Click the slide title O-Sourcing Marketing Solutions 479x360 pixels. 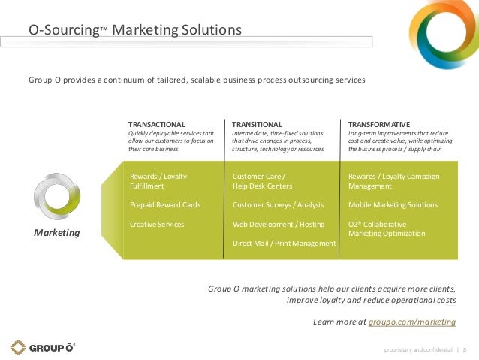tap(135, 31)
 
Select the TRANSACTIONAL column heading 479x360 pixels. tap(157, 124)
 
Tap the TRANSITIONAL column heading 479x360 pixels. tap(257, 124)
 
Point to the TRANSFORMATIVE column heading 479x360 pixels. tap(379, 124)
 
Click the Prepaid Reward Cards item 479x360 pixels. tap(165, 204)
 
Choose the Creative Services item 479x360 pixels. tap(157, 224)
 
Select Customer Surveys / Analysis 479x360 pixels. tap(278, 204)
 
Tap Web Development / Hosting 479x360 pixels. tap(279, 224)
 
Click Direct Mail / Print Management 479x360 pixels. tap(284, 244)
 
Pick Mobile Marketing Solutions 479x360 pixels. tap(393, 204)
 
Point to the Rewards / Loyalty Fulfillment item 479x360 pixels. tap(158, 180)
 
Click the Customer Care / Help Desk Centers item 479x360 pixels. tap(262, 180)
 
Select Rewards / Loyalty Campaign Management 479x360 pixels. tap(393, 180)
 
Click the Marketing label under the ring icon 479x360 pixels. tap(57, 233)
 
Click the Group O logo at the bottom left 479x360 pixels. tap(42, 347)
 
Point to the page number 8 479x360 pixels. tap(464, 349)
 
